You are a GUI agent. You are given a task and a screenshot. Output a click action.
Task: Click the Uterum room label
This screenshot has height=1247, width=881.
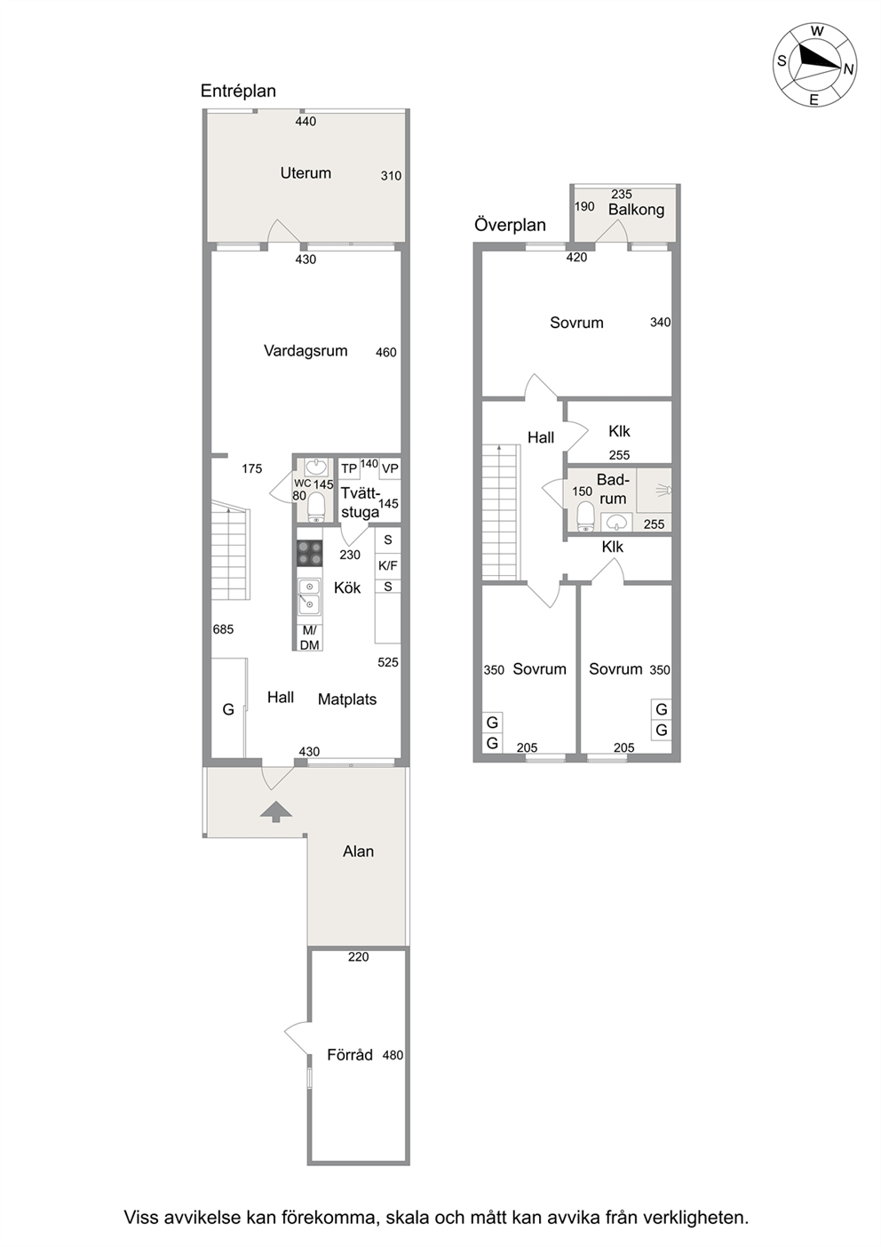[x=306, y=173]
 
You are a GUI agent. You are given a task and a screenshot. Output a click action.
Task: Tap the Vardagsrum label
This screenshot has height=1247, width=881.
[x=306, y=351]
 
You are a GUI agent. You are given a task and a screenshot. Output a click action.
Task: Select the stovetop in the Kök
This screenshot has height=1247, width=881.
[x=309, y=554]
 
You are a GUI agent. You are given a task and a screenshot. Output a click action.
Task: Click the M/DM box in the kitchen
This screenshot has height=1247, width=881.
[x=310, y=637]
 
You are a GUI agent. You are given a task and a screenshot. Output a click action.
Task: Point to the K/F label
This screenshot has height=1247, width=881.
[x=388, y=566]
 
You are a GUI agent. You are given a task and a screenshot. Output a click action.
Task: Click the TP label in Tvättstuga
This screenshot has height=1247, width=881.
[x=349, y=468]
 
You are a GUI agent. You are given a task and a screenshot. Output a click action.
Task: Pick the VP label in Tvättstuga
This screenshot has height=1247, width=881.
[x=390, y=468]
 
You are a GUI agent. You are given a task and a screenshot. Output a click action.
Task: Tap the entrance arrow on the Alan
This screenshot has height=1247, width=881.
[x=276, y=812]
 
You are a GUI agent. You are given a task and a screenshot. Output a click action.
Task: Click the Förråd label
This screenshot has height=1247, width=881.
[x=349, y=1055]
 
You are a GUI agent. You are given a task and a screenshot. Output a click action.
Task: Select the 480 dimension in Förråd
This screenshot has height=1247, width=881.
[x=393, y=1055]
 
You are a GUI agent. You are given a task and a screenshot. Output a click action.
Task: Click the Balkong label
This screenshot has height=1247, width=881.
[x=636, y=210]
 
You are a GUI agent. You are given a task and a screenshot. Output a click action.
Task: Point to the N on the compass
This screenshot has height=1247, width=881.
[x=848, y=69]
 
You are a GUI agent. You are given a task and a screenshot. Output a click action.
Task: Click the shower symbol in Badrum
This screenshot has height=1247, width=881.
[x=664, y=490]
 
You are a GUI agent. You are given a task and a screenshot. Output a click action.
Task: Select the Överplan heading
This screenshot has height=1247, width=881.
[x=510, y=225]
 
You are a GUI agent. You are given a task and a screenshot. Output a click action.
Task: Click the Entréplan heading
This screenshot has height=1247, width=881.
[x=238, y=91]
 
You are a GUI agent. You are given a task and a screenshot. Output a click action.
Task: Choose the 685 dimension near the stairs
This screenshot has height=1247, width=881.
[x=223, y=629]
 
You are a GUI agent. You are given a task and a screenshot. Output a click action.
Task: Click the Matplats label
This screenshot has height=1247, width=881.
[x=347, y=699]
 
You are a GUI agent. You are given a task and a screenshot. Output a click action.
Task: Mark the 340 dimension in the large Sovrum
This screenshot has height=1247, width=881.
[x=660, y=323]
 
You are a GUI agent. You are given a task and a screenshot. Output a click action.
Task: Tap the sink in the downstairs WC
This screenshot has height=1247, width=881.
[x=315, y=467]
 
